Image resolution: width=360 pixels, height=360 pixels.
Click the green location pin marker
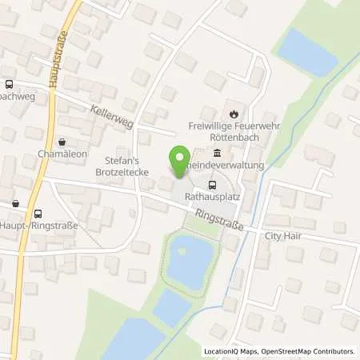pyautogui.click(x=179, y=159)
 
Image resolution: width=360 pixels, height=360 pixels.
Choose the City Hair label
pyautogui.click(x=284, y=237)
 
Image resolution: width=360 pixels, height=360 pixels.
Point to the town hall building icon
pyautogui.click(x=217, y=154)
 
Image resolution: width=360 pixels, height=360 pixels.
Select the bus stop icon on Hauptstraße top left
pyautogui.click(x=9, y=84)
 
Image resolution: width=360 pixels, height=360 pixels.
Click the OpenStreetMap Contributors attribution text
pyautogui.click(x=313, y=351)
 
